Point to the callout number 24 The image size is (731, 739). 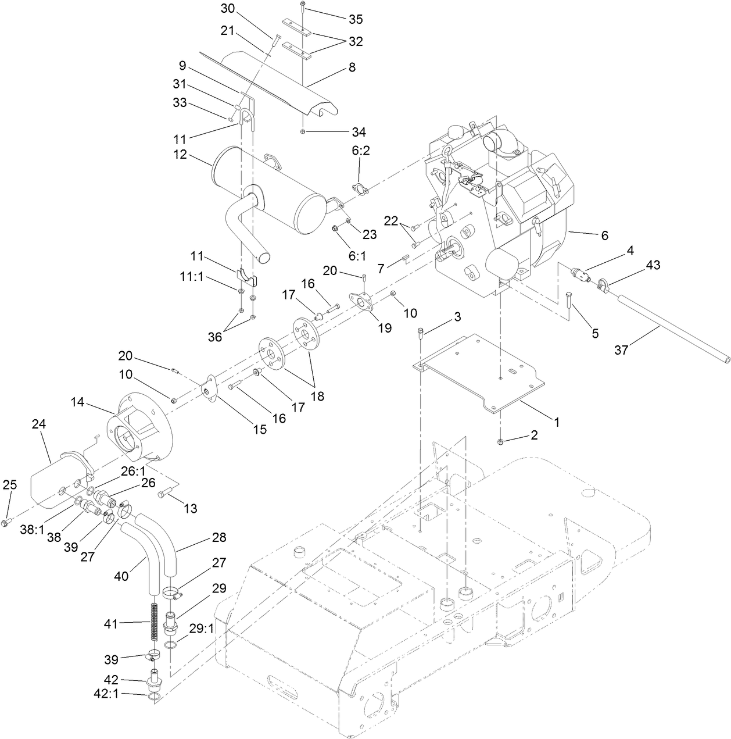(x=38, y=425)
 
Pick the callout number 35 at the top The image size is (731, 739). (x=356, y=19)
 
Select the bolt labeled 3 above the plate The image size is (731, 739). (x=420, y=333)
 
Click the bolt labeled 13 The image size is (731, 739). (x=163, y=494)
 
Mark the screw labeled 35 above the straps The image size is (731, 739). (x=303, y=6)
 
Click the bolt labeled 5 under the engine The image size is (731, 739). (x=568, y=301)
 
